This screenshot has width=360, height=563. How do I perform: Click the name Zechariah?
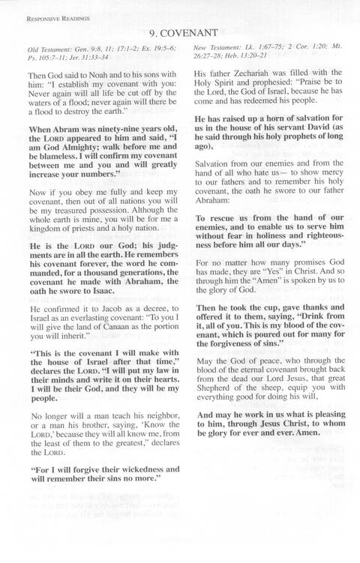256,74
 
